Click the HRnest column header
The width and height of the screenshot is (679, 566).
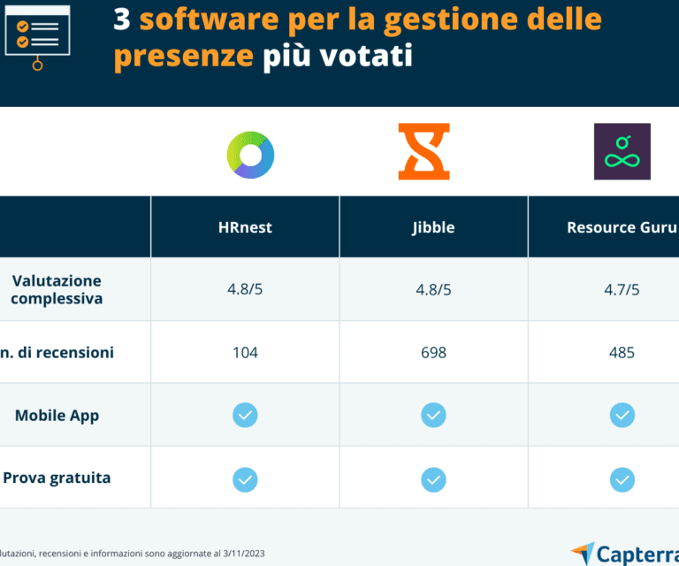(x=245, y=227)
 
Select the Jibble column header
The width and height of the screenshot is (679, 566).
(x=433, y=227)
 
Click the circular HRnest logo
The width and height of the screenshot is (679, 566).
(x=250, y=155)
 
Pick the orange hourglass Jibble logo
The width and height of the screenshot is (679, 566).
(x=423, y=152)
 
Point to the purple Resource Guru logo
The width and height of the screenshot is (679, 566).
(x=622, y=152)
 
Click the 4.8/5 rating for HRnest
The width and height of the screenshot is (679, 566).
(x=245, y=290)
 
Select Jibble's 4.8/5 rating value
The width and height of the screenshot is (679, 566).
(x=433, y=290)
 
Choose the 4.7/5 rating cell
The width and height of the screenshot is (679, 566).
(x=622, y=290)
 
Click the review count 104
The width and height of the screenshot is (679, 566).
(x=245, y=353)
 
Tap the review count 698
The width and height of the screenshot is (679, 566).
(x=433, y=353)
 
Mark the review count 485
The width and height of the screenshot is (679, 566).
(x=622, y=353)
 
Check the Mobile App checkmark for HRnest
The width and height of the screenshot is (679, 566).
(x=245, y=415)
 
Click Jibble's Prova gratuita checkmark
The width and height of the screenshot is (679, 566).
(x=433, y=478)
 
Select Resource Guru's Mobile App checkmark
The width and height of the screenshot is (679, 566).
(x=622, y=415)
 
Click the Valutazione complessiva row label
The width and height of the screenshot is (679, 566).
(x=57, y=290)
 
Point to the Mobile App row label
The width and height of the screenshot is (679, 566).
(x=57, y=415)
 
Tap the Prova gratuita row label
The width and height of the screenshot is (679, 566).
(x=57, y=478)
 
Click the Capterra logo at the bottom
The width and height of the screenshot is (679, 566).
(x=624, y=554)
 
